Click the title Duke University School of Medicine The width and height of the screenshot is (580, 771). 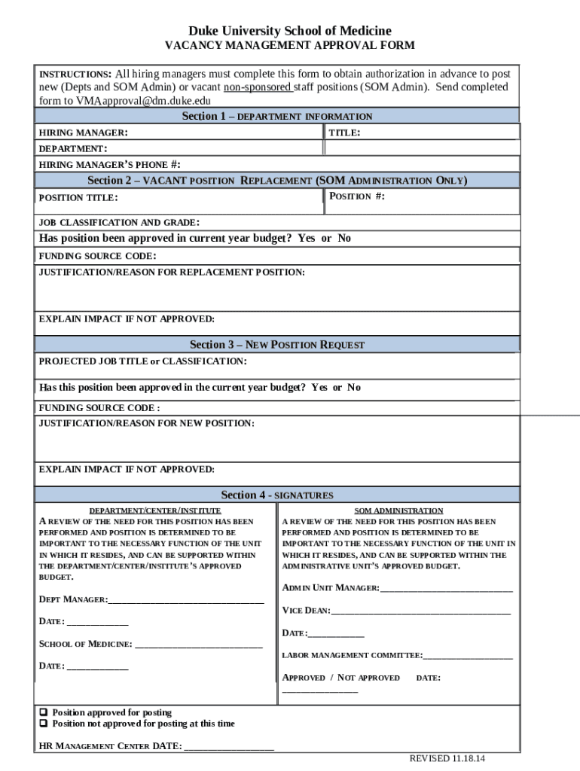coord(290,31)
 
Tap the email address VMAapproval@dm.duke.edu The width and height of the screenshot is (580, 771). coord(143,100)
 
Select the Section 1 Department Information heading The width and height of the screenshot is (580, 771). coord(277,116)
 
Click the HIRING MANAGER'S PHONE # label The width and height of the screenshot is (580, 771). coord(110,164)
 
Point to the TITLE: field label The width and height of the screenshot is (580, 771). coord(345,133)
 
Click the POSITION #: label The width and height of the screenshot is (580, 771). coord(358,197)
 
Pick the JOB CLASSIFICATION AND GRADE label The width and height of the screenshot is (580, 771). coord(119,222)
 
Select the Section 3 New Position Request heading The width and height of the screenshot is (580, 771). coord(277,344)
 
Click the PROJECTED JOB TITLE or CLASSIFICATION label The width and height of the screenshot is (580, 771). coord(142,361)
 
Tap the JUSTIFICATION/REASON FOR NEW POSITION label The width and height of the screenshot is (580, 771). coord(146,424)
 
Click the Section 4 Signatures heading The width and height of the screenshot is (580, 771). coord(277,495)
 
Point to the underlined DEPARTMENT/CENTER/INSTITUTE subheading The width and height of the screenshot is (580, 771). coord(155,510)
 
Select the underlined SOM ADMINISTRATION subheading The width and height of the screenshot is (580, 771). coord(398,510)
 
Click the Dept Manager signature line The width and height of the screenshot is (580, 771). coord(186,602)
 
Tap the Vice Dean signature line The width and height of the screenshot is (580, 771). coord(420,611)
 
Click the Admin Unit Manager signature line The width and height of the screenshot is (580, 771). coord(447,589)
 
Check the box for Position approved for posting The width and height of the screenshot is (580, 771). coord(44,712)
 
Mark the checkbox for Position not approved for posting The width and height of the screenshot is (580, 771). coord(44,724)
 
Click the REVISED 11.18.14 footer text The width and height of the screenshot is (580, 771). coord(447,758)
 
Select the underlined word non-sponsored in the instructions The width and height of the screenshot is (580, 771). coord(258,87)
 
